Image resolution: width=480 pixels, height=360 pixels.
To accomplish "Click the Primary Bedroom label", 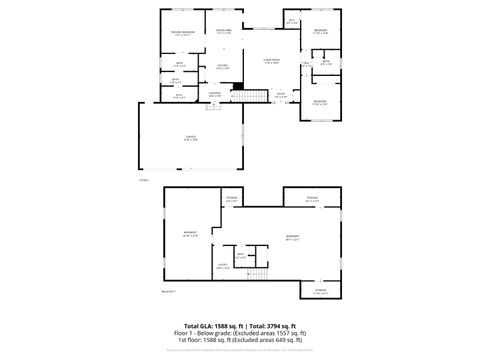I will (181, 34).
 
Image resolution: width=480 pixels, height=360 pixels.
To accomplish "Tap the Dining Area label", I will (222, 32).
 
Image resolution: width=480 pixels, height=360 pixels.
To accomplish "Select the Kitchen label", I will (222, 68).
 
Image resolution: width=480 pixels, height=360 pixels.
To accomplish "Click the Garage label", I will (190, 139).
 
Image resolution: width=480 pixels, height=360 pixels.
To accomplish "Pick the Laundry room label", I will (214, 93).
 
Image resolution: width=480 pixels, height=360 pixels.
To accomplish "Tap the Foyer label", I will (282, 95).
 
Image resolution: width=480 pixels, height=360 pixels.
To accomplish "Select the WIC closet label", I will (292, 21).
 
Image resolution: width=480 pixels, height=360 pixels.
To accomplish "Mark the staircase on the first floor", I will (258, 96).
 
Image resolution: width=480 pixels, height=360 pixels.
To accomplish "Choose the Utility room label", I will (221, 266).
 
